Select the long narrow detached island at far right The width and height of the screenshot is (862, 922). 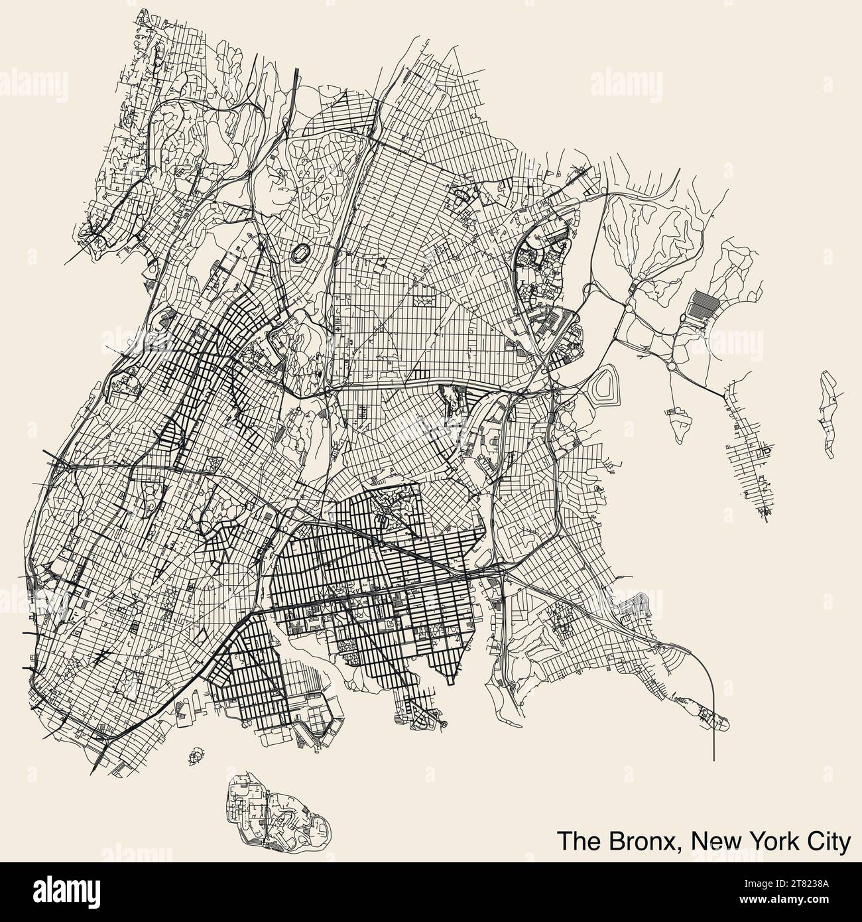coord(829,415)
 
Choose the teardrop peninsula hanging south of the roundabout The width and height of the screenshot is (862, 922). coord(678,425)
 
